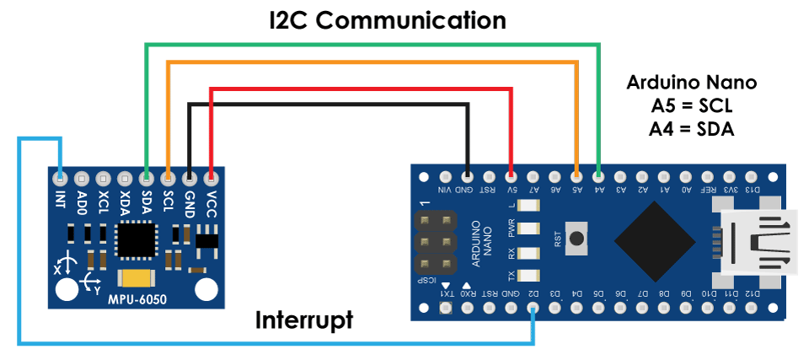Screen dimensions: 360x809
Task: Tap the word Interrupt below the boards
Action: [304, 320]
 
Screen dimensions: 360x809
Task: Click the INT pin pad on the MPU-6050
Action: [60, 178]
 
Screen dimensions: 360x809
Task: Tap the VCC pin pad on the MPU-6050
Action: [211, 178]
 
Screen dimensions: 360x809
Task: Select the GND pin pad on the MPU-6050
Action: [190, 178]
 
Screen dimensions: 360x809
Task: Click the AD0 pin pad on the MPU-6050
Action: [82, 178]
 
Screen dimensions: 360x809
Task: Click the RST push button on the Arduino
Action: [576, 239]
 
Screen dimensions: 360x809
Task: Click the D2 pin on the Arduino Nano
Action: [533, 309]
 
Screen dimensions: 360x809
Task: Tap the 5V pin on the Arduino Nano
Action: [512, 176]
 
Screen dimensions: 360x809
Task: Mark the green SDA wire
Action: [371, 43]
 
